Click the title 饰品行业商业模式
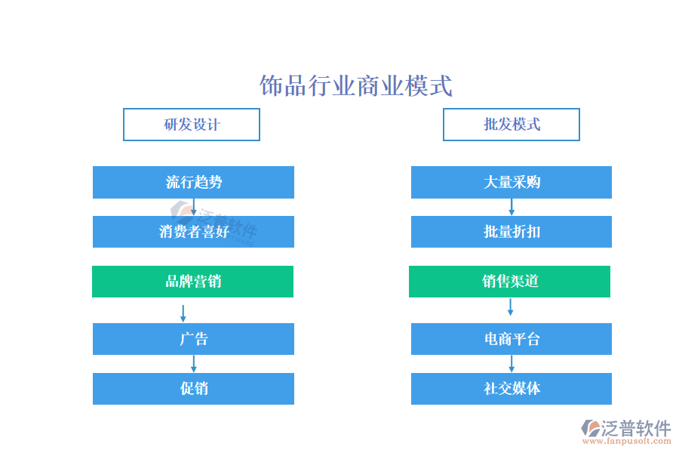[356, 85]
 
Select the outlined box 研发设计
[192, 125]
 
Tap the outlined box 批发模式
[512, 125]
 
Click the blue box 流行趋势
[193, 182]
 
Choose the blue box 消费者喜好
[193, 232]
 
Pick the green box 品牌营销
[192, 282]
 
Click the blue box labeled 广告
[193, 339]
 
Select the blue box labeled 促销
[193, 388]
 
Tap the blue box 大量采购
[512, 182]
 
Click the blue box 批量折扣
[512, 232]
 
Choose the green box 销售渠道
[510, 282]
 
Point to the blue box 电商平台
[512, 339]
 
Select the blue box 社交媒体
[512, 388]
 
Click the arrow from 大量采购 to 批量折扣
[512, 207]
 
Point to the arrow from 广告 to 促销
[194, 364]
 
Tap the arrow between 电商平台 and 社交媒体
[512, 364]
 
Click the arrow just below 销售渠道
[510, 307]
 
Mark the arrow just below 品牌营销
[183, 313]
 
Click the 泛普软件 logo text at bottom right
[636, 428]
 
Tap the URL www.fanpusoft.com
[627, 441]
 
